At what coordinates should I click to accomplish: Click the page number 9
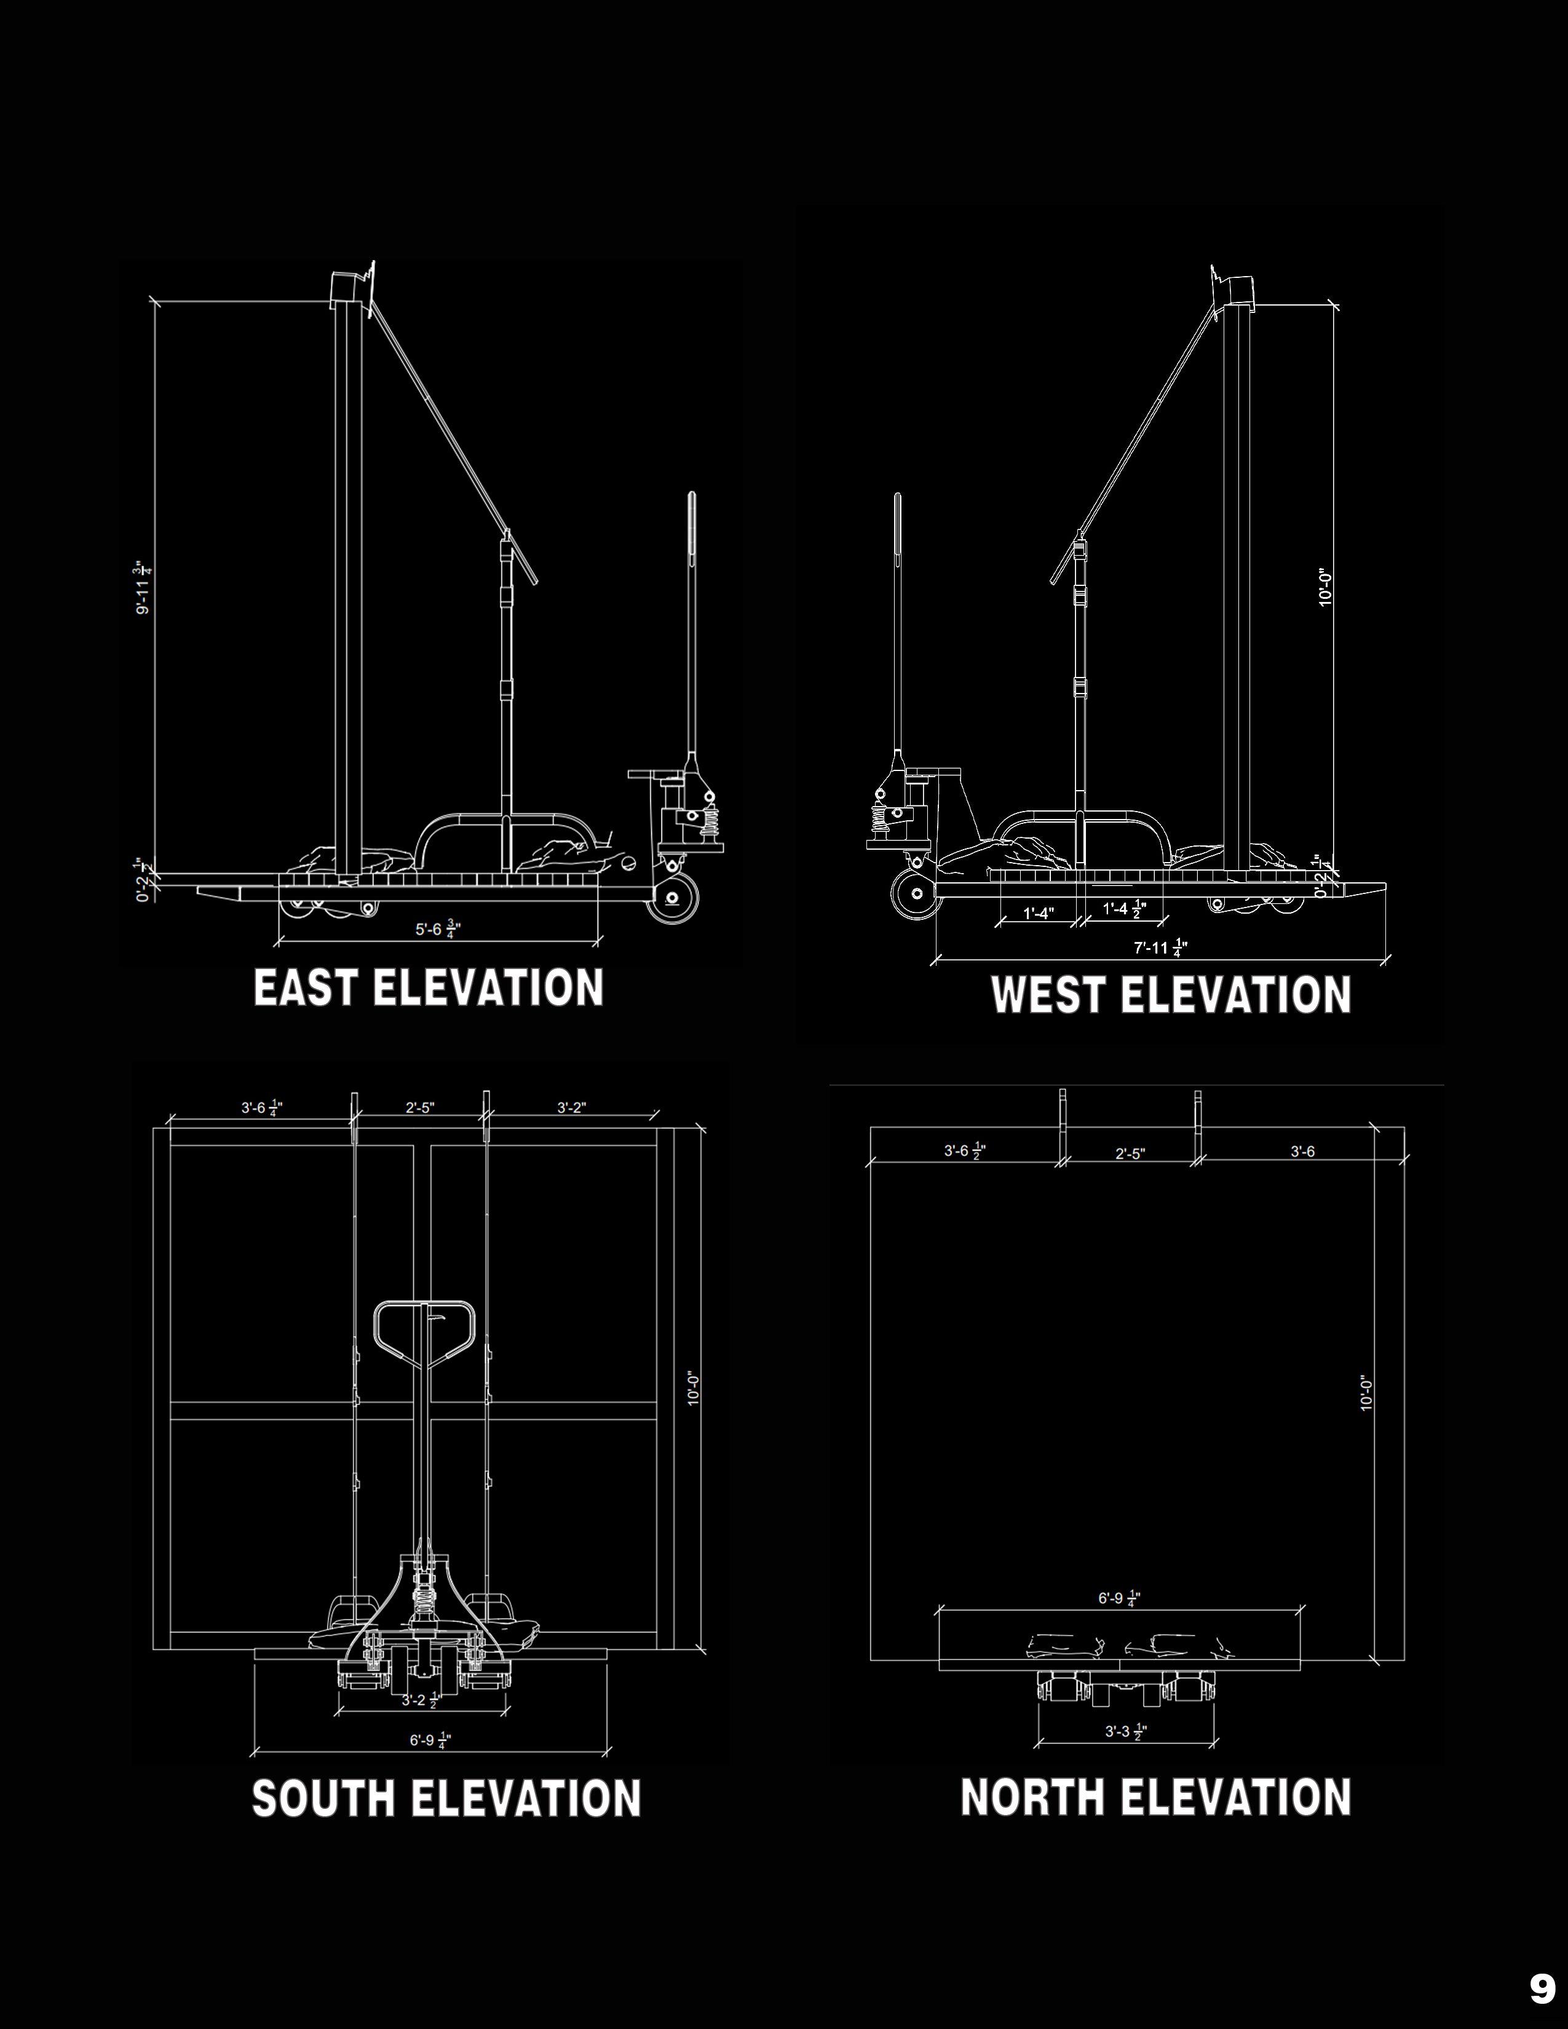[x=1542, y=1982]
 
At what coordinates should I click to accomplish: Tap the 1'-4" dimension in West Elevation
[x=1039, y=912]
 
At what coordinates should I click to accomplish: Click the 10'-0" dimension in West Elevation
[x=1326, y=588]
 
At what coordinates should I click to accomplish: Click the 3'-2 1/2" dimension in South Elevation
[x=420, y=1700]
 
